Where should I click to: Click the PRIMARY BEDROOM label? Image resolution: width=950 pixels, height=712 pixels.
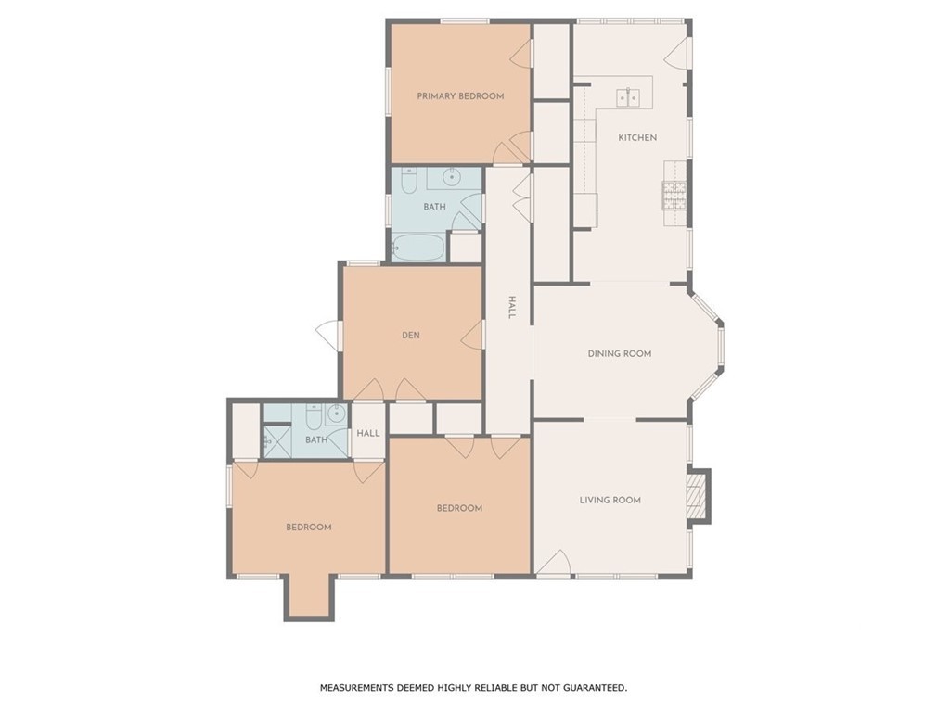(x=460, y=95)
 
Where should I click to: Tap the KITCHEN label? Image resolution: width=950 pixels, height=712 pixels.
(x=637, y=137)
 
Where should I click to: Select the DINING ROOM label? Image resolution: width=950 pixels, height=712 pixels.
(x=620, y=353)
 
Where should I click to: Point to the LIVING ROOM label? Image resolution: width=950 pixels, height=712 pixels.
(x=610, y=500)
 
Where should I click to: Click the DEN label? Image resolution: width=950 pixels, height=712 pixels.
(x=411, y=335)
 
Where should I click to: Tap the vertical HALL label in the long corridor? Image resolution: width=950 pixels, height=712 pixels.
(x=511, y=308)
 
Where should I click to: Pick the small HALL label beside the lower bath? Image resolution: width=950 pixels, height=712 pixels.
(x=368, y=433)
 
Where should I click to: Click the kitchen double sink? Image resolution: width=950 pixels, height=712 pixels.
(x=629, y=97)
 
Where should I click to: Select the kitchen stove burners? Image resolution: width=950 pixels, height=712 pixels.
(x=674, y=195)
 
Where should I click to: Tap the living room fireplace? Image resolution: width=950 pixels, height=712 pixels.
(x=700, y=496)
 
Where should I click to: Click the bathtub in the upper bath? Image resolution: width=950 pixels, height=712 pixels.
(x=418, y=247)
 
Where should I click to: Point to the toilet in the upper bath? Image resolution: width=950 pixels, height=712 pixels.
(x=409, y=181)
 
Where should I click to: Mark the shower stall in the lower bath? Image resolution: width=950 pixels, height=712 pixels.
(x=277, y=441)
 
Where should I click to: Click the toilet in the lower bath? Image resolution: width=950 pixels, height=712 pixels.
(x=314, y=416)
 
